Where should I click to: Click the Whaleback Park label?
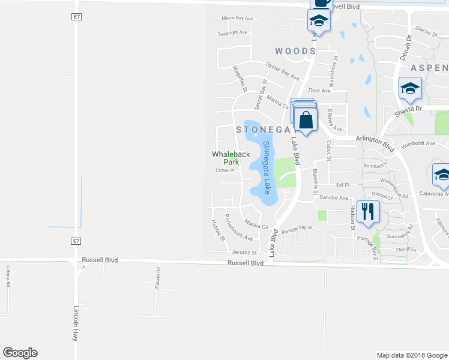231,158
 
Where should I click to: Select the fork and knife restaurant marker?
368,212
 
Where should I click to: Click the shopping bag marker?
306,119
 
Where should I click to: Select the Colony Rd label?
8,276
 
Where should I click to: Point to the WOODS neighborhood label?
295,52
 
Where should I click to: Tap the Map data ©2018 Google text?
411,355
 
